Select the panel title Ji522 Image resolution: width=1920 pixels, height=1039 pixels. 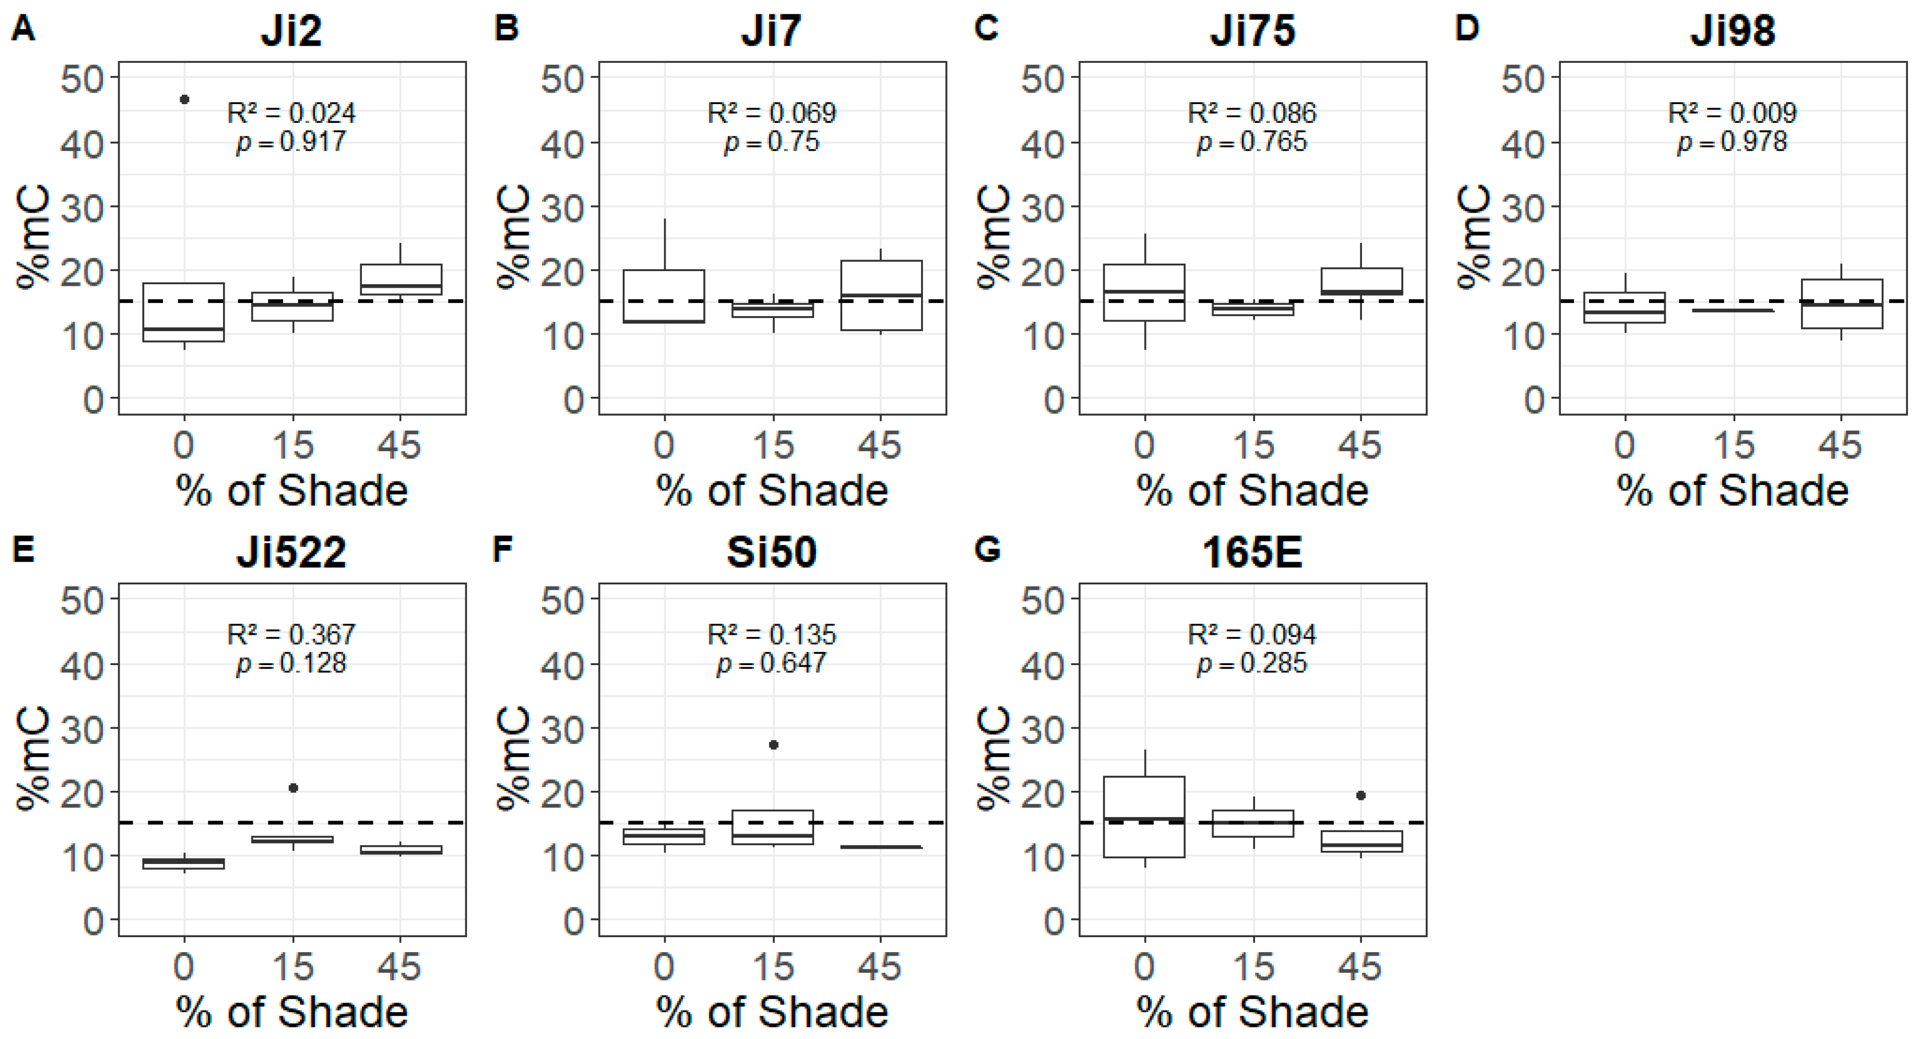(292, 553)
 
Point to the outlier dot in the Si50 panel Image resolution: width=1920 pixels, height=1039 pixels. (774, 745)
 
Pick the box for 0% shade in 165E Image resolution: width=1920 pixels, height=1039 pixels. (1144, 817)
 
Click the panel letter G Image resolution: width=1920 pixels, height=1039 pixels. (987, 550)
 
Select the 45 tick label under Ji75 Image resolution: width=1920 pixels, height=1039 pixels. (1360, 445)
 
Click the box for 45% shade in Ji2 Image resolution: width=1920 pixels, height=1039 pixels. (400, 280)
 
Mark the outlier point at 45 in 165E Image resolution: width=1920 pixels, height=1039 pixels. (1361, 795)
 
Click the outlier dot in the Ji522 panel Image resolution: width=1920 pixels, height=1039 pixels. (293, 788)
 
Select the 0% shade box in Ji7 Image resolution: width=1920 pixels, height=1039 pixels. (663, 296)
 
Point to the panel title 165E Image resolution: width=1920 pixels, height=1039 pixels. (1252, 553)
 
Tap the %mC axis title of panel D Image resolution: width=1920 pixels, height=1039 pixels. (1473, 237)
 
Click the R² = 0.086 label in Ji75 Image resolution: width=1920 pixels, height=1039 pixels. (1252, 113)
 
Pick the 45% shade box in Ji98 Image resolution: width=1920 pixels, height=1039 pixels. (1842, 304)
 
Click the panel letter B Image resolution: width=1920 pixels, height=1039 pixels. (506, 29)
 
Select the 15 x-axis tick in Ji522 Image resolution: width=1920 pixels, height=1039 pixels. (292, 968)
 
